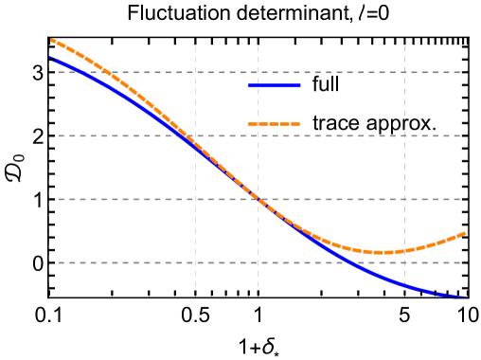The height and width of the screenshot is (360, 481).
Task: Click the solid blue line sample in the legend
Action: [275, 86]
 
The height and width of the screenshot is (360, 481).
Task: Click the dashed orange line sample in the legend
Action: [275, 124]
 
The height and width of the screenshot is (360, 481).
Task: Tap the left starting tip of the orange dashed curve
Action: [50, 40]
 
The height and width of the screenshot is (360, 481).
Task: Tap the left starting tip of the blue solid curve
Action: [50, 58]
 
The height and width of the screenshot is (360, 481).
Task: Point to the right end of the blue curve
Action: [467, 297]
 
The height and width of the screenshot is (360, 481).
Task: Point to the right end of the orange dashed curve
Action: [467, 231]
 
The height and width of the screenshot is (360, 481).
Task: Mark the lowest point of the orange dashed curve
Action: [383, 253]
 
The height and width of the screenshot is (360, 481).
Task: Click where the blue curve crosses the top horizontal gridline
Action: [79, 72]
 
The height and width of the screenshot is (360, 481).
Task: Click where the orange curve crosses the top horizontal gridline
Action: [106, 72]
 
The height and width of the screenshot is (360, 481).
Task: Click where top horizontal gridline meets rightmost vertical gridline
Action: [467, 72]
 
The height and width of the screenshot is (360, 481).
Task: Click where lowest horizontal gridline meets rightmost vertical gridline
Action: [467, 262]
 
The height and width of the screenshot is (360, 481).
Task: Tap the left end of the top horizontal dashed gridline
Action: [59, 72]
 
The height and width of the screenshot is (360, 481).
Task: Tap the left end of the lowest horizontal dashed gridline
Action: [59, 262]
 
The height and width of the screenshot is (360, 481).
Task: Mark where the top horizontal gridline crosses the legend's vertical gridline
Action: [258, 72]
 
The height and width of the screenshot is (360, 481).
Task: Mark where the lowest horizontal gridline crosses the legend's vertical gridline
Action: [258, 262]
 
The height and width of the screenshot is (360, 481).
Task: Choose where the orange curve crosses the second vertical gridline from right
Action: [404, 251]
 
